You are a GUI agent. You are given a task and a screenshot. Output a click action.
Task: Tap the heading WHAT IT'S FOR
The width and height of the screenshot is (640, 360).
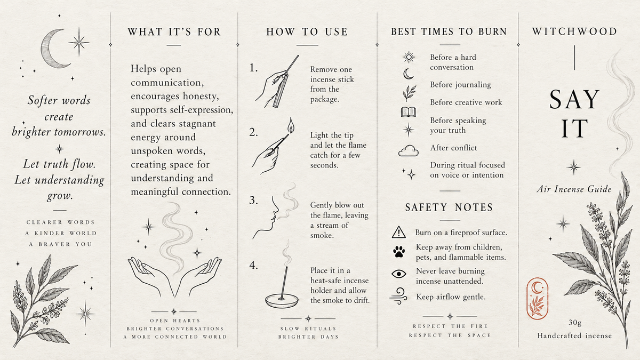coord(174,31)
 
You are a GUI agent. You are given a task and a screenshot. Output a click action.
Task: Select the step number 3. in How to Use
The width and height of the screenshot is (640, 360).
coord(253,201)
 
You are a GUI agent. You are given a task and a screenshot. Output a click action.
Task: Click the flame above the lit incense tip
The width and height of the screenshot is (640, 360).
coord(291,125)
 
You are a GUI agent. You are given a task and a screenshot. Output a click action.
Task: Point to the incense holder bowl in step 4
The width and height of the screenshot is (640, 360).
coord(282,301)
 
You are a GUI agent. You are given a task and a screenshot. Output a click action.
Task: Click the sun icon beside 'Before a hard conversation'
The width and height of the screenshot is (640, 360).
coord(409,58)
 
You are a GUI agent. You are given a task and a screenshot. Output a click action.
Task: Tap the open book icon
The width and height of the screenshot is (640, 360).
coord(409,112)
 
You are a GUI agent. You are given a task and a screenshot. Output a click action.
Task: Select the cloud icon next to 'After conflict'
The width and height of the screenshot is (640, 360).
coord(409,150)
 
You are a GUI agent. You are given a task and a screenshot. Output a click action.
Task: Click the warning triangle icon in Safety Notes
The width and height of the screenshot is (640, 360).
coord(399,232)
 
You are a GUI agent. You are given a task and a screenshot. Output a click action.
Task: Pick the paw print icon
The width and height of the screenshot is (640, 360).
coord(399,252)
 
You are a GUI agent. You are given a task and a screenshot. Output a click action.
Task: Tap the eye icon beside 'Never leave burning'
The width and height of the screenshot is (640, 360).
coord(399,274)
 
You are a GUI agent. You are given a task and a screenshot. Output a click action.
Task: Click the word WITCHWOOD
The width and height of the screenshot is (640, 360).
coord(574,31)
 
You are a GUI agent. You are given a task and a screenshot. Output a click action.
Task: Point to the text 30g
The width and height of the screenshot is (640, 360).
coord(575,323)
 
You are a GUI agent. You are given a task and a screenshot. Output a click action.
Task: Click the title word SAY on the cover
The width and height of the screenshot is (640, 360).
coord(574,99)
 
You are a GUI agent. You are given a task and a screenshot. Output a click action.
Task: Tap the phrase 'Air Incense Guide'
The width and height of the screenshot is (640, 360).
coord(574,189)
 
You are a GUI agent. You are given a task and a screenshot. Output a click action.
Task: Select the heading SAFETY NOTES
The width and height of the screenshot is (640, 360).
coord(450,207)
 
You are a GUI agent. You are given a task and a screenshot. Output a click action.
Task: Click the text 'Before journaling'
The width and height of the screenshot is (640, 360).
coord(461,85)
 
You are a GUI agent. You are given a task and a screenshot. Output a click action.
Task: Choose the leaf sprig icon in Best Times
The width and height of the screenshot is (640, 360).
coord(409,93)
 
